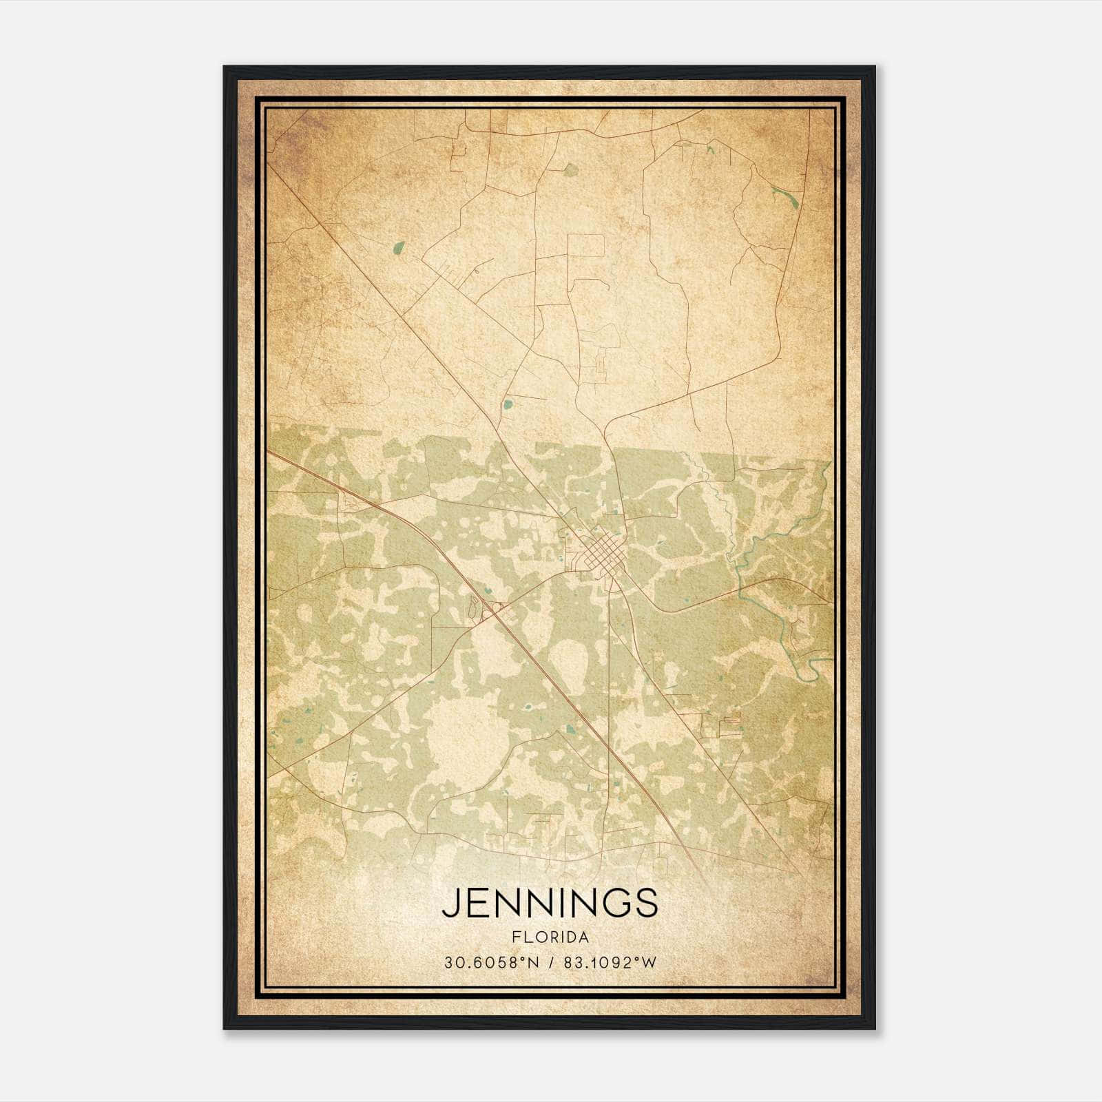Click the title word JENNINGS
coord(550,903)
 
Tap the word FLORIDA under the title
coord(550,937)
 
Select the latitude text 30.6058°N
coord(490,963)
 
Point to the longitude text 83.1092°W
coord(610,963)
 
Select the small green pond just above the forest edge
coord(508,404)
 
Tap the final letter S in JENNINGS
coord(646,903)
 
